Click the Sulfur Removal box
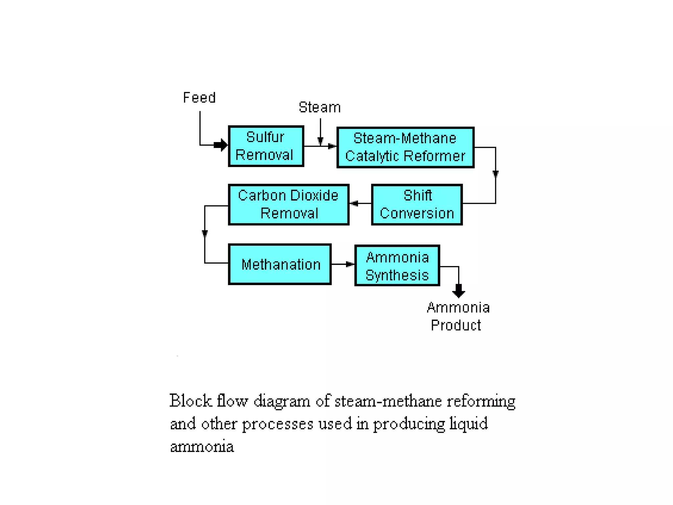click(x=266, y=146)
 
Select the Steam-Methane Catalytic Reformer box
click(x=405, y=147)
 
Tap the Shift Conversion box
click(x=417, y=204)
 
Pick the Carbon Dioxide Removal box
click(x=288, y=204)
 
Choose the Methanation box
click(x=280, y=264)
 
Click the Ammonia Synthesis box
click(x=397, y=266)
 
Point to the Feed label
click(x=199, y=98)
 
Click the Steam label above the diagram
click(x=319, y=107)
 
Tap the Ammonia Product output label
click(x=457, y=316)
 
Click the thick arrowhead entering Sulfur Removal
click(x=221, y=145)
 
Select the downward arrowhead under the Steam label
click(x=320, y=141)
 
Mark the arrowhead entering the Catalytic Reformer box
click(x=332, y=146)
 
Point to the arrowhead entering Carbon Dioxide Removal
click(x=354, y=204)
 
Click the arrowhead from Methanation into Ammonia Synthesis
click(x=350, y=264)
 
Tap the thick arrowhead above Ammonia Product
click(x=458, y=291)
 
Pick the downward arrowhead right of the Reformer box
click(x=496, y=174)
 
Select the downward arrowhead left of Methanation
click(x=205, y=233)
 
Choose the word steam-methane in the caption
click(x=388, y=401)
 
